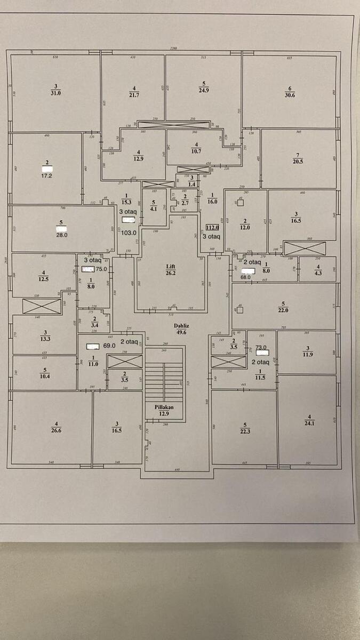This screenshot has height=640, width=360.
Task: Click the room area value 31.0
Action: pos(56,92)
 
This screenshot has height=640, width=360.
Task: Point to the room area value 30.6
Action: pos(290,95)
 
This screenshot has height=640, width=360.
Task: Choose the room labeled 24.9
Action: pos(203,90)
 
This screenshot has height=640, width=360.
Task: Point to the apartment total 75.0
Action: pos(101,269)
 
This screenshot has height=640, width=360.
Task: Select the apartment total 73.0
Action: pos(261,347)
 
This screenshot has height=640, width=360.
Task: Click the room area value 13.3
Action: pos(45,338)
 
